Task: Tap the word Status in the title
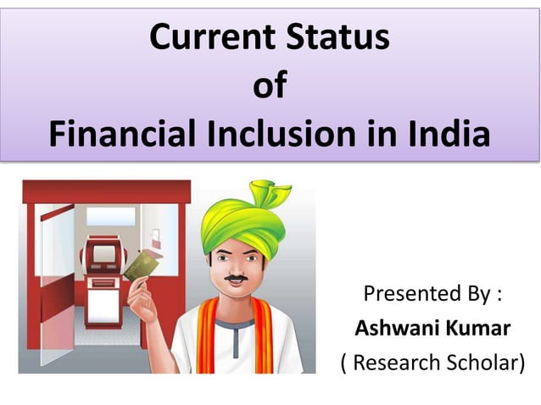click(x=337, y=38)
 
